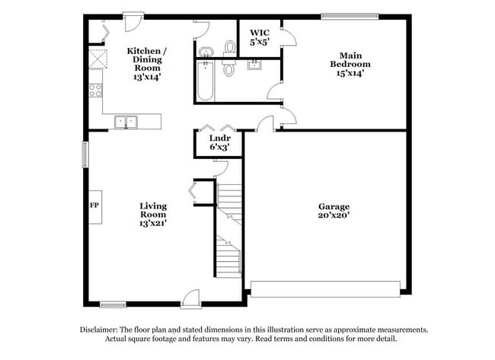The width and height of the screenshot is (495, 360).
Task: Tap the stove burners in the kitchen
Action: coord(96,90)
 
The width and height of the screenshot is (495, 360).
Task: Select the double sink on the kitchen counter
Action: coord(126,121)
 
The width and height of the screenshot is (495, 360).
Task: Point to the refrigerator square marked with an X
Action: coord(97,59)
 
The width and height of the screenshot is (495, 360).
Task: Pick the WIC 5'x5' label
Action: coord(259,37)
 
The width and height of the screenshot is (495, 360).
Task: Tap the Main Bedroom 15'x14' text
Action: coord(350,63)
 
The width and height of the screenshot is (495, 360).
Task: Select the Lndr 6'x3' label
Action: coord(219,142)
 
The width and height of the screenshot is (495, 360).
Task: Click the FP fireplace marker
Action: coord(94,205)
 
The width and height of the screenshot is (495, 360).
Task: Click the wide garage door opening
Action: coord(325,289)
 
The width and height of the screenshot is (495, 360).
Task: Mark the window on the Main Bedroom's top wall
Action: coord(349,15)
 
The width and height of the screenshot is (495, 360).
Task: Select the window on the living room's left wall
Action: coord(85,152)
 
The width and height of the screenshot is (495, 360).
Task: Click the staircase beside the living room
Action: coord(228,228)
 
